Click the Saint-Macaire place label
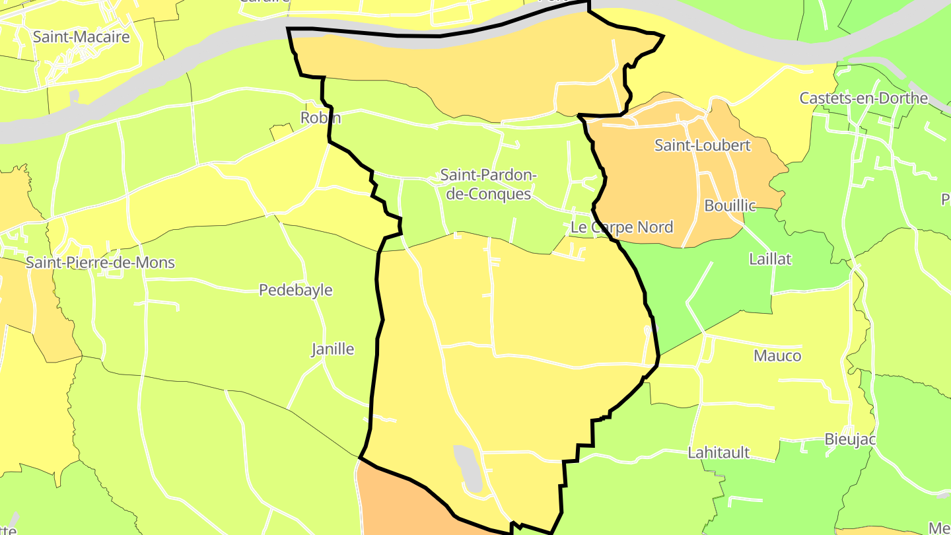coord(81,37)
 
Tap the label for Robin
coord(320,118)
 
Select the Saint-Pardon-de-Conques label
coord(488,184)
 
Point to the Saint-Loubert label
coord(702,145)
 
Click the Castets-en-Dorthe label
coord(863,98)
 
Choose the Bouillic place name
coord(730,205)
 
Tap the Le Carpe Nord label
coord(621,227)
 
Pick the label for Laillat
coord(770,259)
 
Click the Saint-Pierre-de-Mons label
coord(100,262)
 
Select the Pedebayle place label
coord(295,290)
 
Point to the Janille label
coord(333,349)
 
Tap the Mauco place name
coord(777,356)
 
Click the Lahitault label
coord(719,452)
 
